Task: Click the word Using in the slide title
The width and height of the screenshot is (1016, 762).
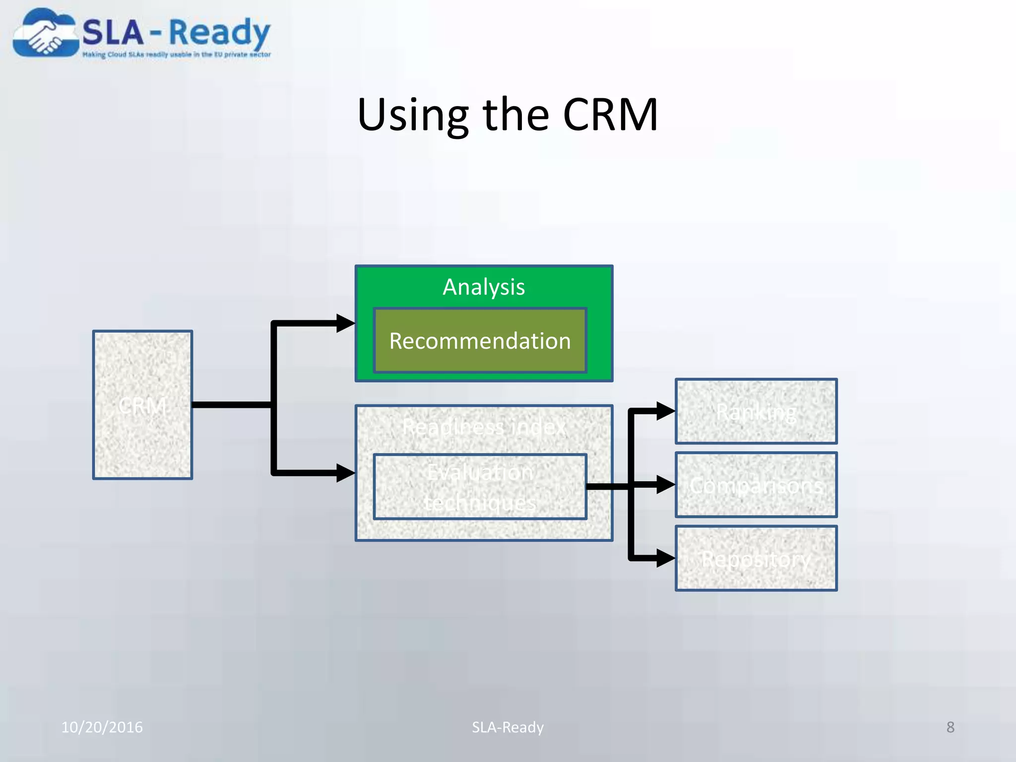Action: pos(413,115)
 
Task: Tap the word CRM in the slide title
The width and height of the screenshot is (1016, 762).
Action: pos(610,115)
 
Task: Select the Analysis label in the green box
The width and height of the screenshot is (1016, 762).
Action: pos(484,287)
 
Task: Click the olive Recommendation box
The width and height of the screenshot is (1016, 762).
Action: pos(480,341)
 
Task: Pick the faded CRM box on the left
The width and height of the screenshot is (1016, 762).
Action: pos(142,405)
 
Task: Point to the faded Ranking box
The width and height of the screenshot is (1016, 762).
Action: pos(756,411)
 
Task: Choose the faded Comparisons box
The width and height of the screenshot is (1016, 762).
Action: pos(756,485)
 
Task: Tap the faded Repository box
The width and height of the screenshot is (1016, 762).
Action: pos(756,558)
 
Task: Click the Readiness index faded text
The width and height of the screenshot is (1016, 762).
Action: pos(484,427)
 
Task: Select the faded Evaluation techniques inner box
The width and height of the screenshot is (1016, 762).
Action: pos(480,487)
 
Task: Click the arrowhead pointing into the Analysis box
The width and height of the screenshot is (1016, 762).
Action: pos(346,323)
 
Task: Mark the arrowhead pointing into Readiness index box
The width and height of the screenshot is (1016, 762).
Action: pos(346,472)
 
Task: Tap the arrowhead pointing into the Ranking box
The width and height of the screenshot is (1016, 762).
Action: pos(665,411)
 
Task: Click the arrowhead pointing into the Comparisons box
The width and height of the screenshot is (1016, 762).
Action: pos(665,484)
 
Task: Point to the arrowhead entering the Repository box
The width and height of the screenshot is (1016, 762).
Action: pos(665,558)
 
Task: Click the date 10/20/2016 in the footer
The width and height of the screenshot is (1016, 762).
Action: pos(102,727)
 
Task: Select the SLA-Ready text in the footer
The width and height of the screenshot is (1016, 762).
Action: pos(508,727)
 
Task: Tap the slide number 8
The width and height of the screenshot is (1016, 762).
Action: pos(950,727)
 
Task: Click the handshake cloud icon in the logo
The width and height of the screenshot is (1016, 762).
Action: pos(46,34)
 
